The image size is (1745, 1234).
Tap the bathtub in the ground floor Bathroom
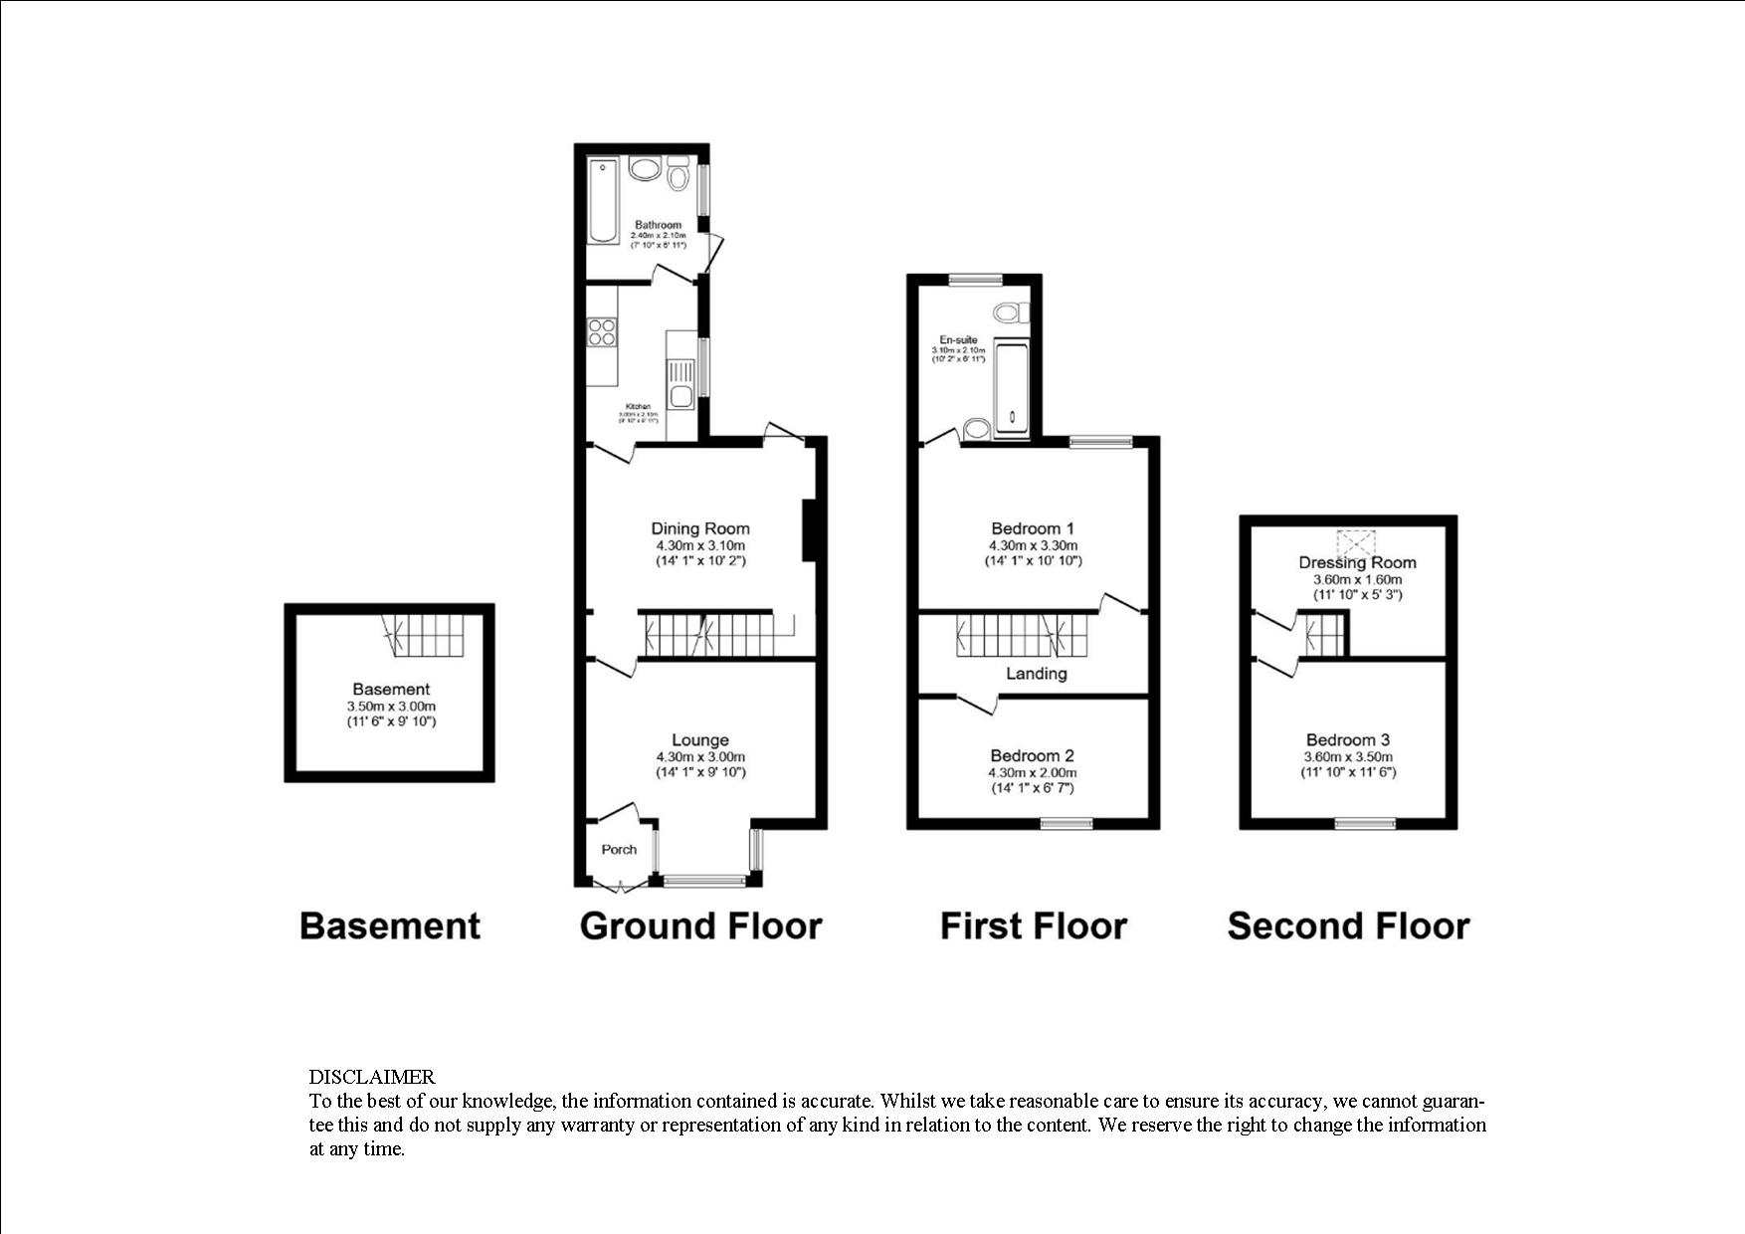click(603, 201)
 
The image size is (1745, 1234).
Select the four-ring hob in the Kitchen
click(601, 331)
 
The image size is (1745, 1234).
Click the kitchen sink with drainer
click(681, 383)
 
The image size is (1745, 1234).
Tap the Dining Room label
click(700, 528)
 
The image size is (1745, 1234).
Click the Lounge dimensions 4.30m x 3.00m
click(700, 756)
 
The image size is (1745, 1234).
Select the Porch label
click(619, 849)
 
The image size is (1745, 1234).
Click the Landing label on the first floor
click(1036, 674)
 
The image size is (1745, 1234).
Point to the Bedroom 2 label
click(1032, 755)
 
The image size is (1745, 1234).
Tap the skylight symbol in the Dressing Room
click(1355, 542)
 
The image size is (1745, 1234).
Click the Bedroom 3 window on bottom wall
click(1364, 823)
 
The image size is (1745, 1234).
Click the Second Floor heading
click(1348, 925)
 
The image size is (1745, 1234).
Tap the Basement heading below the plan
click(389, 925)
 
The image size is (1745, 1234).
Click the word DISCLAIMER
click(372, 1077)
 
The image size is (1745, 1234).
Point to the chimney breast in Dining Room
click(809, 529)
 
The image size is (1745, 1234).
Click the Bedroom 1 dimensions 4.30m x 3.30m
click(1033, 545)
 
